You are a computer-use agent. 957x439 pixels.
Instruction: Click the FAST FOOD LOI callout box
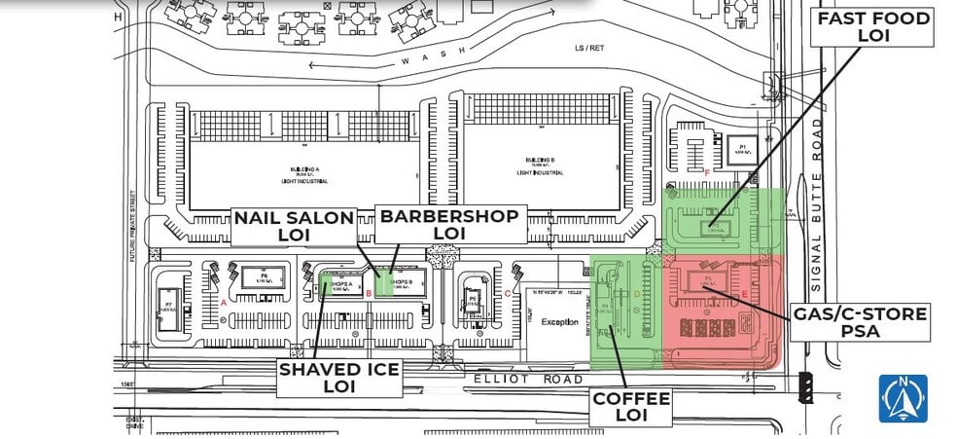[x=874, y=26]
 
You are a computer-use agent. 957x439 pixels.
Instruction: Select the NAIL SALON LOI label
[x=294, y=225]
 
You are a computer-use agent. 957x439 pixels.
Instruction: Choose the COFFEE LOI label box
[x=632, y=407]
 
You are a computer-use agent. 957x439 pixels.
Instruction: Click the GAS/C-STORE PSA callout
[x=860, y=322]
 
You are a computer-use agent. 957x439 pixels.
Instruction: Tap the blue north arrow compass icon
[x=903, y=398]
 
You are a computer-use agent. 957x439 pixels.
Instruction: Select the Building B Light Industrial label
[x=540, y=165]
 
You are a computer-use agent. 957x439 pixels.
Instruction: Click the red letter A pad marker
[x=225, y=303]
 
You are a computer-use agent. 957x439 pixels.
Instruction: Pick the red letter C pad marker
[x=508, y=292]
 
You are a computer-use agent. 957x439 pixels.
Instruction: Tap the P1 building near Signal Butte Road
[x=741, y=151]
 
